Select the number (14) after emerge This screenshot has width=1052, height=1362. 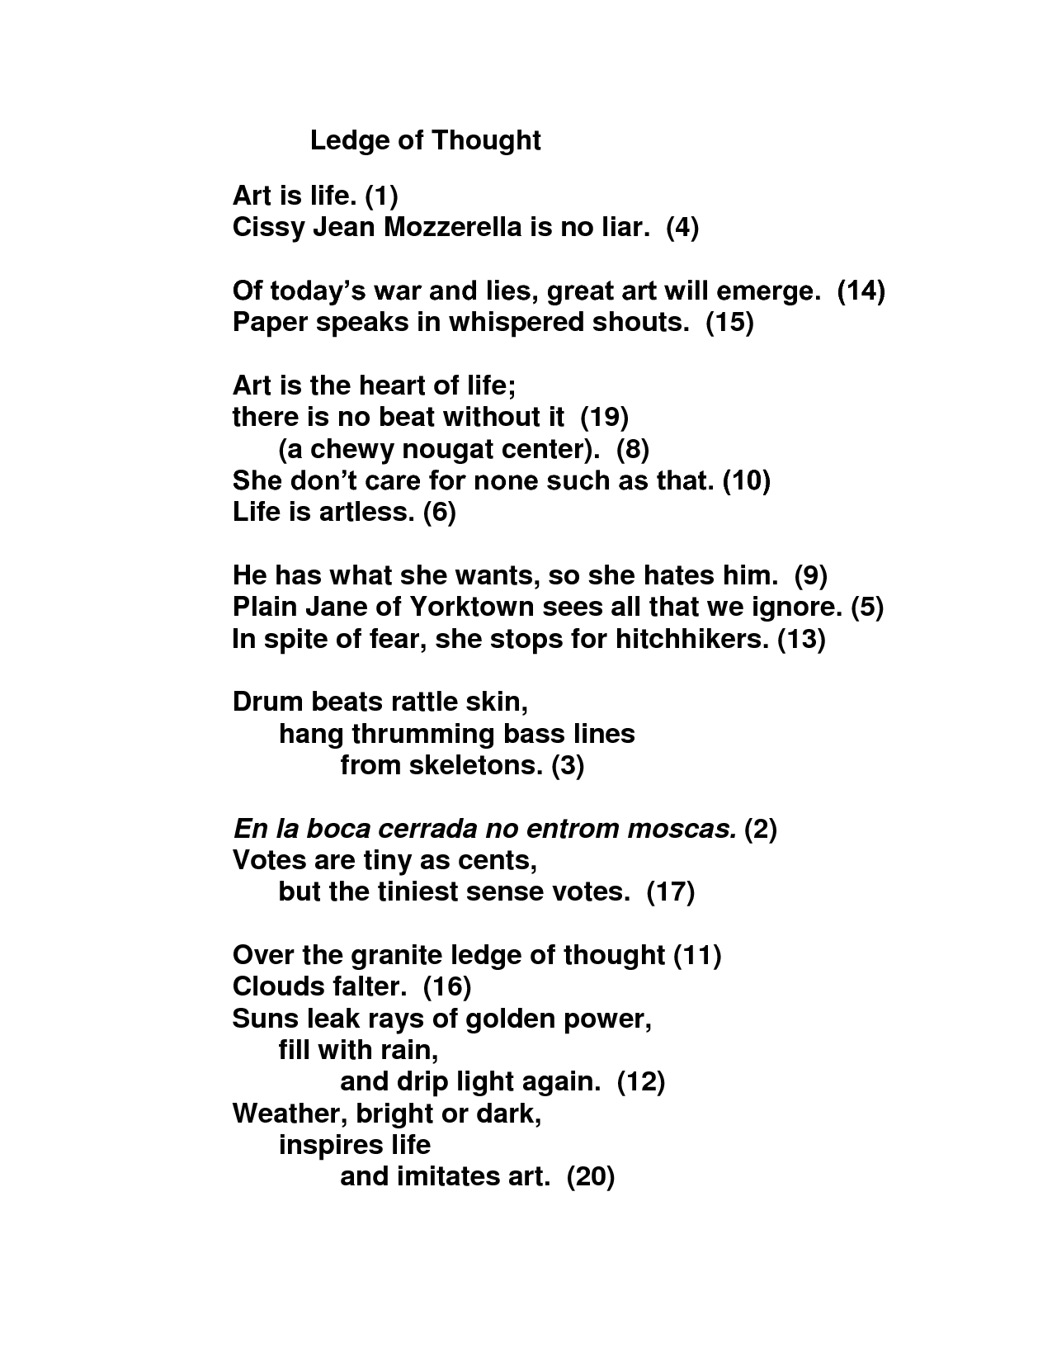pyautogui.click(x=861, y=291)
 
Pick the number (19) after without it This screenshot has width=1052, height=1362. pyautogui.click(x=605, y=418)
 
